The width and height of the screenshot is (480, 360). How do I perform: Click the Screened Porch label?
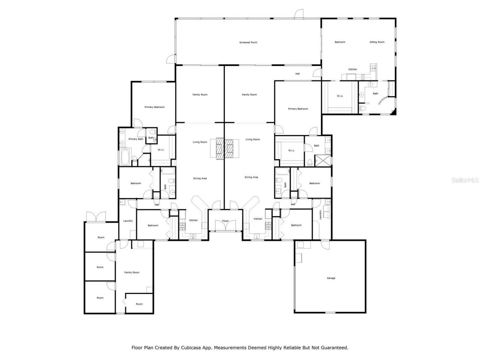(x=248, y=42)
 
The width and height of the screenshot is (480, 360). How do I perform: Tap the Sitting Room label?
(x=377, y=42)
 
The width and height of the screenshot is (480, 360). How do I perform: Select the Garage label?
(x=331, y=278)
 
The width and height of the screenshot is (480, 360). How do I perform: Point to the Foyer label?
(x=225, y=221)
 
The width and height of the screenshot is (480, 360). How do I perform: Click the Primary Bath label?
(x=136, y=139)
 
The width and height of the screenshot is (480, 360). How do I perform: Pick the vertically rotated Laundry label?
(x=320, y=215)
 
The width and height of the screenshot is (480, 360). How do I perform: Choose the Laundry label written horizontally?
(x=128, y=221)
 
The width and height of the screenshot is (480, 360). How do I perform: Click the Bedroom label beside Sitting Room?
(x=340, y=42)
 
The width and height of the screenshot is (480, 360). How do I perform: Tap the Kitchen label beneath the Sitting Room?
(x=352, y=69)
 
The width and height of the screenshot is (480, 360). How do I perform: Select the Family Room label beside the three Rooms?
(x=132, y=272)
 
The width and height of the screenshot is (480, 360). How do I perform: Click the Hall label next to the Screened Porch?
(x=297, y=74)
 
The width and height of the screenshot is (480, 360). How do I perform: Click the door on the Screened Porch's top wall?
(x=299, y=14)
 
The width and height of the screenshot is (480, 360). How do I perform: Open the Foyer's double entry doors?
(x=225, y=226)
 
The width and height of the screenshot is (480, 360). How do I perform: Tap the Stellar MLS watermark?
(x=465, y=180)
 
